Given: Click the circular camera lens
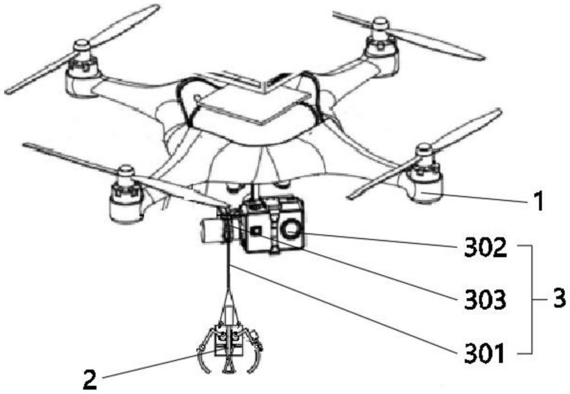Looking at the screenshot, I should click(291, 231).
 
